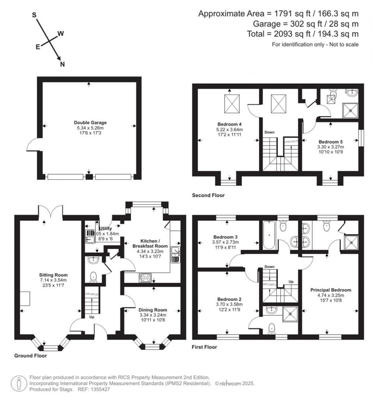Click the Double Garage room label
[x=90, y=123]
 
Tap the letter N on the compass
[x=62, y=64]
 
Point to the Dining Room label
[x=153, y=310]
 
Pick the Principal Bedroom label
[x=330, y=290]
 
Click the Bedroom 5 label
[x=331, y=142]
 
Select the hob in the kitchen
[x=146, y=277]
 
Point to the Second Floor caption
[x=208, y=196]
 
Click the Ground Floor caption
[x=31, y=355]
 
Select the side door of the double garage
[x=32, y=146]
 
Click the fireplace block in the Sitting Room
[x=25, y=299]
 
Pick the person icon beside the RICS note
[x=19, y=383]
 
